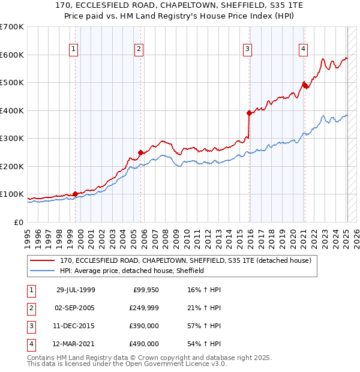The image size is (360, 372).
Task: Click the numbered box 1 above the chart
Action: [x=74, y=49]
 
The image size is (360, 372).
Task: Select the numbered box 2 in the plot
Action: [x=139, y=49]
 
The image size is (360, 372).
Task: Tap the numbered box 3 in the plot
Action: [x=247, y=49]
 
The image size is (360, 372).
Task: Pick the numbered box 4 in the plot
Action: [x=304, y=49]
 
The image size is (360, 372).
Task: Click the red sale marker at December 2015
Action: [x=249, y=113]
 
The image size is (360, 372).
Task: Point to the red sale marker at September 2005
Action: [x=140, y=152]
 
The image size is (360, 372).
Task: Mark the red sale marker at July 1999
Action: [x=76, y=194]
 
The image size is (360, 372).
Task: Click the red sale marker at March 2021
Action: [x=304, y=85]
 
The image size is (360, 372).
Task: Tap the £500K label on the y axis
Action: [x=12, y=82]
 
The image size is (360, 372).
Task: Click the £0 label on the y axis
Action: [x=19, y=222]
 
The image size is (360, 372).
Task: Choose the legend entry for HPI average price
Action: [x=132, y=271]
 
